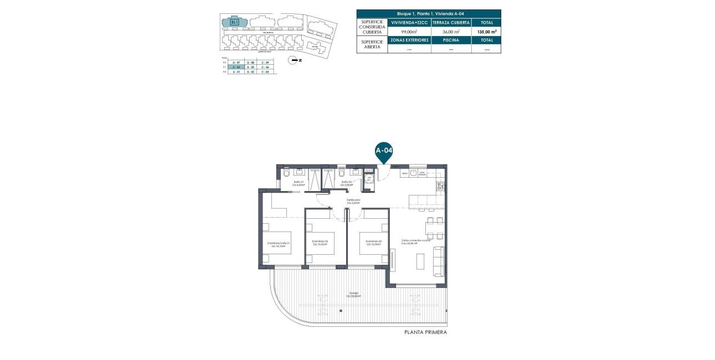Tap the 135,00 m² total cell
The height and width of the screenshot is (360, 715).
[x=486, y=32]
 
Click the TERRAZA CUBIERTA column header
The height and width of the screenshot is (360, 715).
[x=451, y=23]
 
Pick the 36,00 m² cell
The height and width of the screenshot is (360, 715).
[x=451, y=32]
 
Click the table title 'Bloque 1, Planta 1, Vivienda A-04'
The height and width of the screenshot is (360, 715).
[x=428, y=13]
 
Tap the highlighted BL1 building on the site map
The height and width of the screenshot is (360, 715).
[x=234, y=22]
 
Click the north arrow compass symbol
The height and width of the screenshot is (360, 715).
[x=294, y=60]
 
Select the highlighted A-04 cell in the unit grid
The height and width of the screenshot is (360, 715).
[x=236, y=67]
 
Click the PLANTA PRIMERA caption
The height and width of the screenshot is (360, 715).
[x=425, y=332]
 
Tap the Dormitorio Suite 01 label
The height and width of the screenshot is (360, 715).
[x=279, y=244]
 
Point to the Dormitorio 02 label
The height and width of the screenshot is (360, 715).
[x=320, y=242]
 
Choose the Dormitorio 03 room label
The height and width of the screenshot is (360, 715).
[x=370, y=242]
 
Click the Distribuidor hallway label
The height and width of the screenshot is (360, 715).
[x=354, y=201]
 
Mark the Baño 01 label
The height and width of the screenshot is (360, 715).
[x=299, y=183]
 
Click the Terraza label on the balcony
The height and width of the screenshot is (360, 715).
[x=354, y=294]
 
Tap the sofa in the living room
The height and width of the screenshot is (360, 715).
[x=438, y=261]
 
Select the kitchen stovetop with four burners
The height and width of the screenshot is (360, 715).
[x=440, y=187]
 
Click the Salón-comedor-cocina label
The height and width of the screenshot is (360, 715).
[x=416, y=242]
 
